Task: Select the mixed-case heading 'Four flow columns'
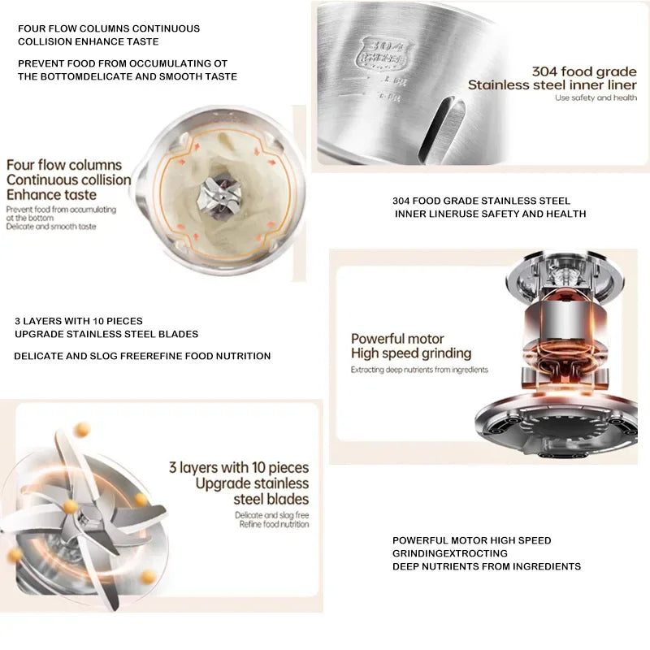click(x=64, y=165)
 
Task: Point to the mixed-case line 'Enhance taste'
click(x=51, y=195)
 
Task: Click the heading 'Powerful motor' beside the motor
click(x=397, y=339)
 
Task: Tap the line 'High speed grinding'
click(x=411, y=353)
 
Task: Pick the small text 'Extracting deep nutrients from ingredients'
click(x=419, y=370)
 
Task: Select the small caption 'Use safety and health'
click(x=596, y=98)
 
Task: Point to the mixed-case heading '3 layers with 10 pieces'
click(x=239, y=467)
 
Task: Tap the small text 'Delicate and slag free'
click(x=272, y=515)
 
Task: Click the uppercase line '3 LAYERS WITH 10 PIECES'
click(x=79, y=321)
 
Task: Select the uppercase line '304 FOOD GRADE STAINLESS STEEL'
click(x=481, y=201)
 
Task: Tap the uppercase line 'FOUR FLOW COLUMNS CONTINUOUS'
click(x=109, y=28)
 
